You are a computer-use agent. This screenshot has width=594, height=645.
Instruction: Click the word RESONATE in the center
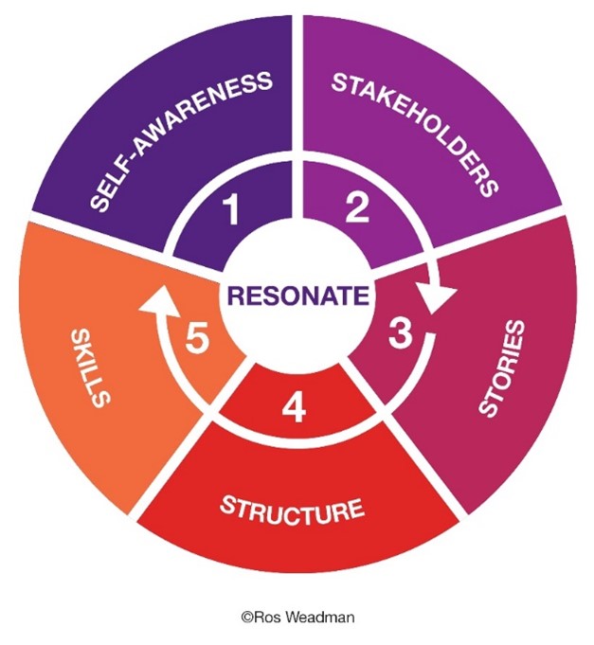coord(296,295)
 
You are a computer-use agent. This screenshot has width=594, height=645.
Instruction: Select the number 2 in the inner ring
coord(356,208)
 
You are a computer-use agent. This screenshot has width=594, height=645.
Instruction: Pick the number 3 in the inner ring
coord(402,333)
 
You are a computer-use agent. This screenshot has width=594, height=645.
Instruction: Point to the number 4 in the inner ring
coord(296,409)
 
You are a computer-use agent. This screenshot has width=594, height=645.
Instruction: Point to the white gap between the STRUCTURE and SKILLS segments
coord(180,445)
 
